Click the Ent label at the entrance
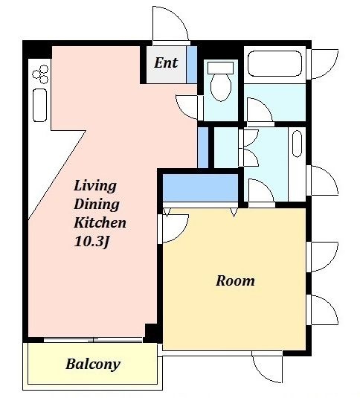pyautogui.click(x=166, y=62)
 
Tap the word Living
pyautogui.click(x=95, y=185)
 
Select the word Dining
pyautogui.click(x=97, y=205)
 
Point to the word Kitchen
pyautogui.click(x=100, y=222)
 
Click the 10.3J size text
pyautogui.click(x=91, y=241)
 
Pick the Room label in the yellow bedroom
pyautogui.click(x=235, y=280)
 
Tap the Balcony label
pyautogui.click(x=93, y=365)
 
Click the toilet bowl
pyautogui.click(x=221, y=87)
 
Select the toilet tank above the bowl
pyautogui.click(x=220, y=68)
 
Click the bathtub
pyautogui.click(x=274, y=63)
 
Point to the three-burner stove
pyautogui.click(x=41, y=74)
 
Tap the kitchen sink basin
pyautogui.click(x=40, y=105)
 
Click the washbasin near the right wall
pyautogui.click(x=297, y=144)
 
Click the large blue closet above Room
pyautogui.click(x=200, y=187)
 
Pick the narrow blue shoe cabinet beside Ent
pyautogui.click(x=192, y=65)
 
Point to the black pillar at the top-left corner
pyautogui.click(x=37, y=50)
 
